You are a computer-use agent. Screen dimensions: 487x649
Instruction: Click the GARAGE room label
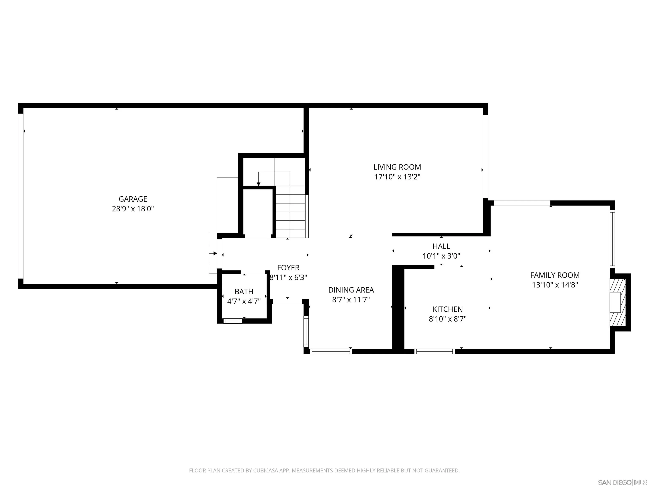point(133,199)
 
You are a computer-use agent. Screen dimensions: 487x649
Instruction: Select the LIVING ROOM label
point(397,167)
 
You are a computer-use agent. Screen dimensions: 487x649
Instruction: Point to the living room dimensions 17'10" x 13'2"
point(397,177)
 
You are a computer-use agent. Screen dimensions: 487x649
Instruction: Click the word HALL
point(441,246)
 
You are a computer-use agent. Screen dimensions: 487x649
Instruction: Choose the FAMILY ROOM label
point(555,275)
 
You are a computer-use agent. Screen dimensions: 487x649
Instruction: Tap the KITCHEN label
point(447,309)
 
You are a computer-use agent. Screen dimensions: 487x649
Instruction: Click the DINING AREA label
point(351,290)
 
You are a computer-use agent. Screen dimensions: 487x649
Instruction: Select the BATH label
point(244,291)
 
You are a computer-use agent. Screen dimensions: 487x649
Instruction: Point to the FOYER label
point(288,268)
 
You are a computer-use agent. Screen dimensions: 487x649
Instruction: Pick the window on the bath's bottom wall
point(233,321)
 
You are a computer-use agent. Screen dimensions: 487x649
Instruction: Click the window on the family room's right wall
point(612,238)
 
